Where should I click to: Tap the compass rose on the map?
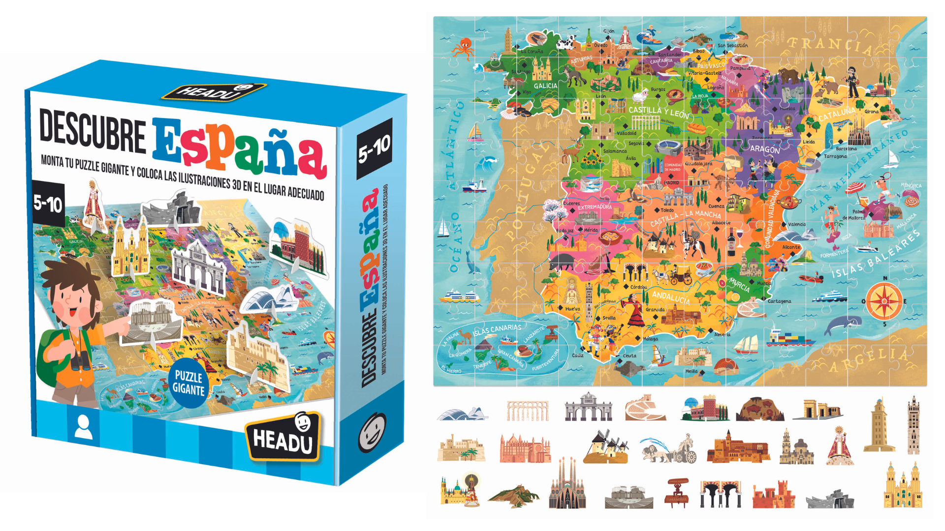[884, 300]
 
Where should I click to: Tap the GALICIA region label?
[545, 86]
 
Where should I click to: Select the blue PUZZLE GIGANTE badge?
[188, 383]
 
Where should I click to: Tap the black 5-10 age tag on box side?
[374, 148]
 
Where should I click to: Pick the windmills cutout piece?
[606, 447]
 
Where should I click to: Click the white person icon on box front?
[83, 427]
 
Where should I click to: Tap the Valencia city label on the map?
[796, 224]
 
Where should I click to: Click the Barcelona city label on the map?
[846, 148]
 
